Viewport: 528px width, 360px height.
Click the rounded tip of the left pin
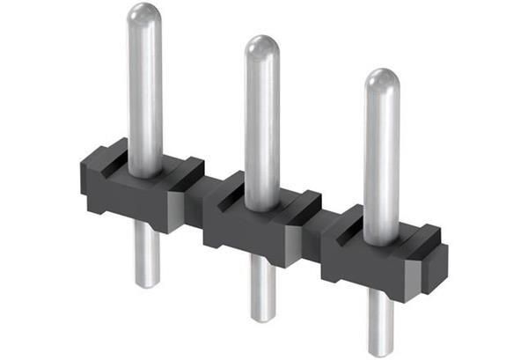click(144, 16)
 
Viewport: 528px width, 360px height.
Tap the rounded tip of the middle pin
click(261, 48)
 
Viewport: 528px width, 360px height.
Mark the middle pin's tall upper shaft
click(261, 123)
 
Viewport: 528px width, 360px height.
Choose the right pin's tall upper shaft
click(381, 158)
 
